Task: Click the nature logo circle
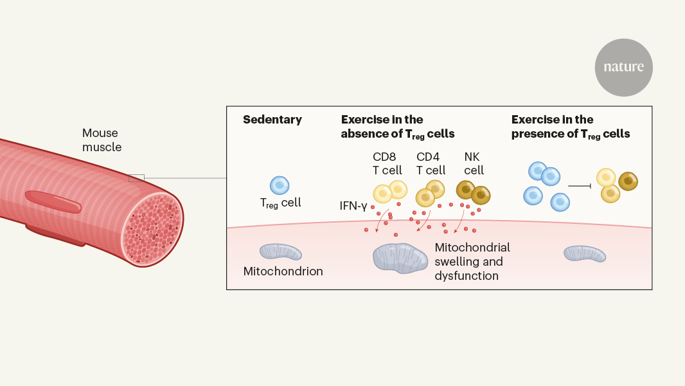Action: [x=623, y=68]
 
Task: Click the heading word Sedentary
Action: [x=272, y=120]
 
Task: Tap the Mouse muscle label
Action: [x=102, y=140]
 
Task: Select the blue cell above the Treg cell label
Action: [x=280, y=185]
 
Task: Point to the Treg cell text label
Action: [x=280, y=203]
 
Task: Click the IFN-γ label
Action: [x=353, y=206]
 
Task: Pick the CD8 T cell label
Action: [x=387, y=163]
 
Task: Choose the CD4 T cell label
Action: [x=431, y=163]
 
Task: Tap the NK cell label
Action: [x=474, y=163]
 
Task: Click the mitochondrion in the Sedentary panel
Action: [x=280, y=252]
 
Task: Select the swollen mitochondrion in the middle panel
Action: [x=400, y=259]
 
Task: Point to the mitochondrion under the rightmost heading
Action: [x=585, y=253]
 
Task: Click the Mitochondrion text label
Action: [x=283, y=271]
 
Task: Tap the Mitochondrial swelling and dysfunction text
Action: [x=472, y=261]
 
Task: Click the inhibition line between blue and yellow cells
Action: [x=580, y=186]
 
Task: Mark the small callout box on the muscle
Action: [x=136, y=178]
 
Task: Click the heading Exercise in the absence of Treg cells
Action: [x=398, y=127]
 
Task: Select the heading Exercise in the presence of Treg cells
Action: [x=570, y=127]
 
